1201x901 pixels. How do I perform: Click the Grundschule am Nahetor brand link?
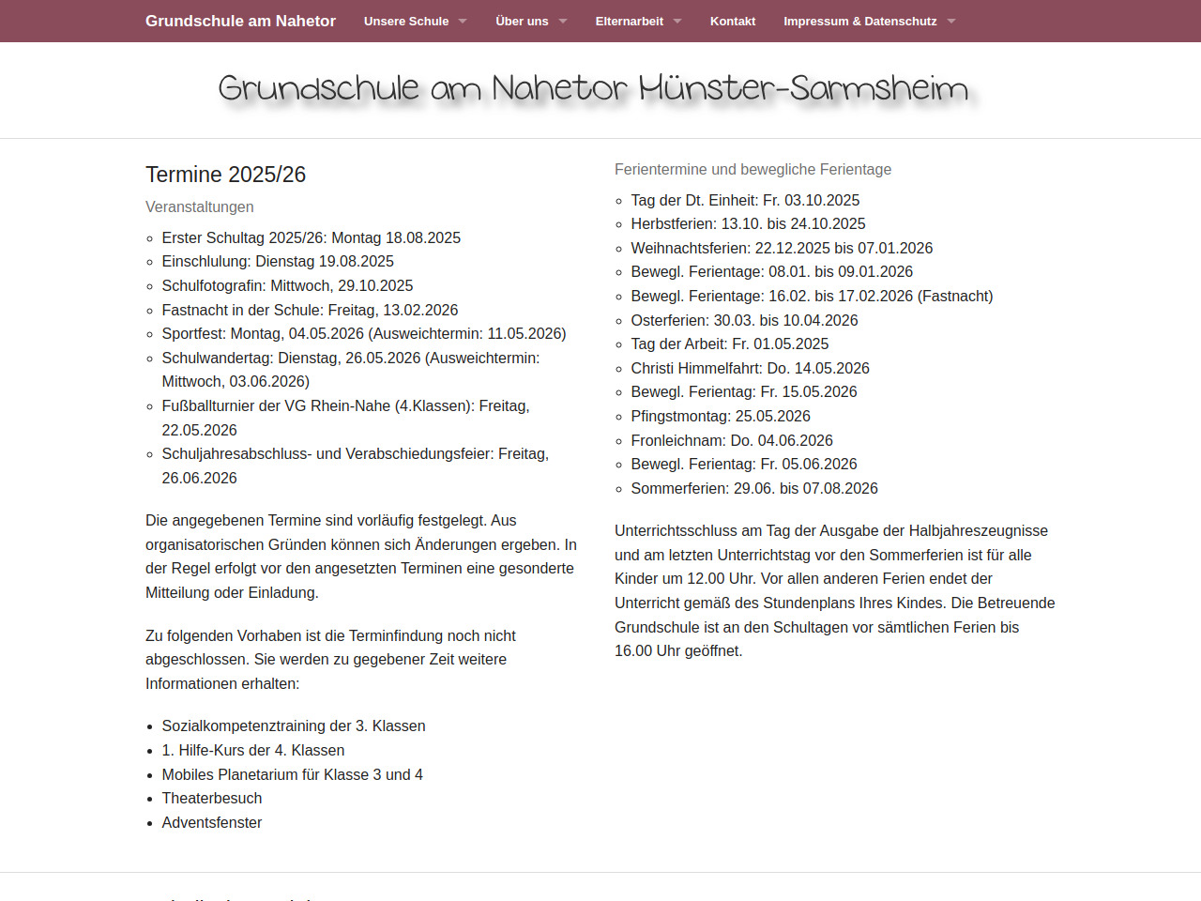[240, 21]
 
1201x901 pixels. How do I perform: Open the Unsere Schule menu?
[406, 21]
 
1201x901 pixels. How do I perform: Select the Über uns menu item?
[522, 21]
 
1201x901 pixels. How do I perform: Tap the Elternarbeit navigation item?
[629, 21]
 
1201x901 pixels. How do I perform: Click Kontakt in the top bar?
[733, 21]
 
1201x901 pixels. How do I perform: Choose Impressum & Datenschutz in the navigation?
[859, 21]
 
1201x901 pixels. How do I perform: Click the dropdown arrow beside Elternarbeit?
[677, 22]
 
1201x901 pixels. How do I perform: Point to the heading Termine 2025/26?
[226, 175]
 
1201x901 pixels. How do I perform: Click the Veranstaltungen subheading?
[200, 206]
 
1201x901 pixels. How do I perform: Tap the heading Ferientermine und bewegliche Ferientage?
[753, 169]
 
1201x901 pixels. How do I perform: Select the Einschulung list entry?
[278, 261]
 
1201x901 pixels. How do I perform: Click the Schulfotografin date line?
[287, 285]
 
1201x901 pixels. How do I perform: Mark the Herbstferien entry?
[748, 223]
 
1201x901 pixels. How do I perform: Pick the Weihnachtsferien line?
[782, 248]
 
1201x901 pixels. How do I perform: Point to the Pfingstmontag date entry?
[721, 416]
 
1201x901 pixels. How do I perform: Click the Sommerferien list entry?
[754, 488]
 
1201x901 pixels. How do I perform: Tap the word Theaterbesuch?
[212, 798]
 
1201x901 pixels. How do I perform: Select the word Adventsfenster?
[212, 822]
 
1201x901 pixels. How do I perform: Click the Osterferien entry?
[744, 320]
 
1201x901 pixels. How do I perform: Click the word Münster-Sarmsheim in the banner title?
[803, 88]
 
